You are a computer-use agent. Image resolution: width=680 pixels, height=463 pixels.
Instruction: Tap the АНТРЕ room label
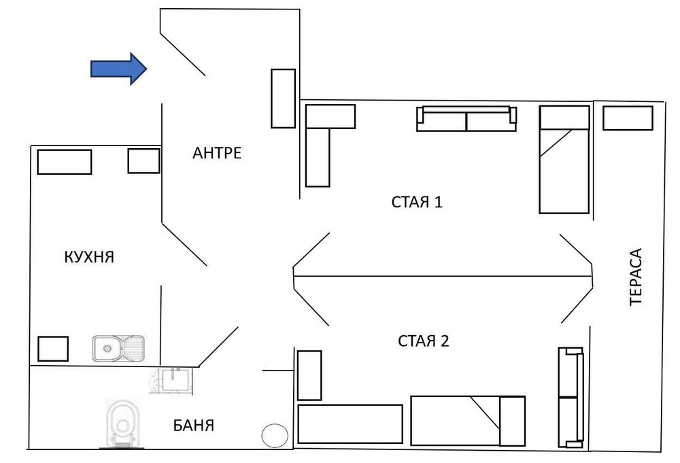217,153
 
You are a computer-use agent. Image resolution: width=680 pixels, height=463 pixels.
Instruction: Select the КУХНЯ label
88,258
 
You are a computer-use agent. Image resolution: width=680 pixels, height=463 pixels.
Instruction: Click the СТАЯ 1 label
417,202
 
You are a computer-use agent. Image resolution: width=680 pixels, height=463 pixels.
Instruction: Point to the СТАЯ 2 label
424,341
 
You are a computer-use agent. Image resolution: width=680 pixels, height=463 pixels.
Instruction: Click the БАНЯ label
194,426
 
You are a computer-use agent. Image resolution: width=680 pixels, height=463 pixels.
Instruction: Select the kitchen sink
118,348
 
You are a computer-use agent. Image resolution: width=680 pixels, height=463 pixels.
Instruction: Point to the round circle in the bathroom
275,436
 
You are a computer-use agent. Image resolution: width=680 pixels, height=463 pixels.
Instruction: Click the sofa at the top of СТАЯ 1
466,118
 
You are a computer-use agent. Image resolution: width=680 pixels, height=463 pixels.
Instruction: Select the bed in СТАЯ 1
564,159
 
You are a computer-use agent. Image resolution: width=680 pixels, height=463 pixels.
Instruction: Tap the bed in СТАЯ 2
468,420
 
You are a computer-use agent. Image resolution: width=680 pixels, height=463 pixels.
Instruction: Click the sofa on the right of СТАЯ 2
571,397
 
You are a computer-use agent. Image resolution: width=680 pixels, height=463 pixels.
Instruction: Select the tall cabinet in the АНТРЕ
283,98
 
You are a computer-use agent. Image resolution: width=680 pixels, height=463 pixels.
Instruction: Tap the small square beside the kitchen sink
52,348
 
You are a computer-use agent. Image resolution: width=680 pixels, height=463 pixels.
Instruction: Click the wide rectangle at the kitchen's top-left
64,162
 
